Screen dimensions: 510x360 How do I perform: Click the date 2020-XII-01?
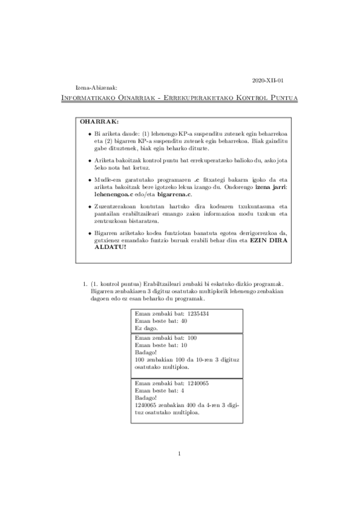point(268,80)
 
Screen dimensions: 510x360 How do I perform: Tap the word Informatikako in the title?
point(88,98)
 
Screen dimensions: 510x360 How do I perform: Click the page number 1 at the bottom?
point(180,470)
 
